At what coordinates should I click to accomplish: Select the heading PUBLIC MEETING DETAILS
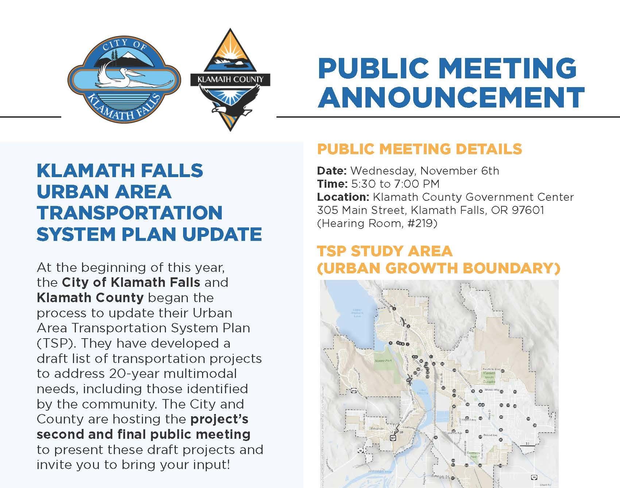click(419, 149)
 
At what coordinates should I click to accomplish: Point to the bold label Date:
click(332, 171)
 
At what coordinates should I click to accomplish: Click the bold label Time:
click(332, 184)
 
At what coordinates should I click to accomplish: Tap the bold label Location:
click(343, 197)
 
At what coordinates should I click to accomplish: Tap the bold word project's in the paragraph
click(219, 419)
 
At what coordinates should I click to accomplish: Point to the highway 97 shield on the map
click(392, 438)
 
